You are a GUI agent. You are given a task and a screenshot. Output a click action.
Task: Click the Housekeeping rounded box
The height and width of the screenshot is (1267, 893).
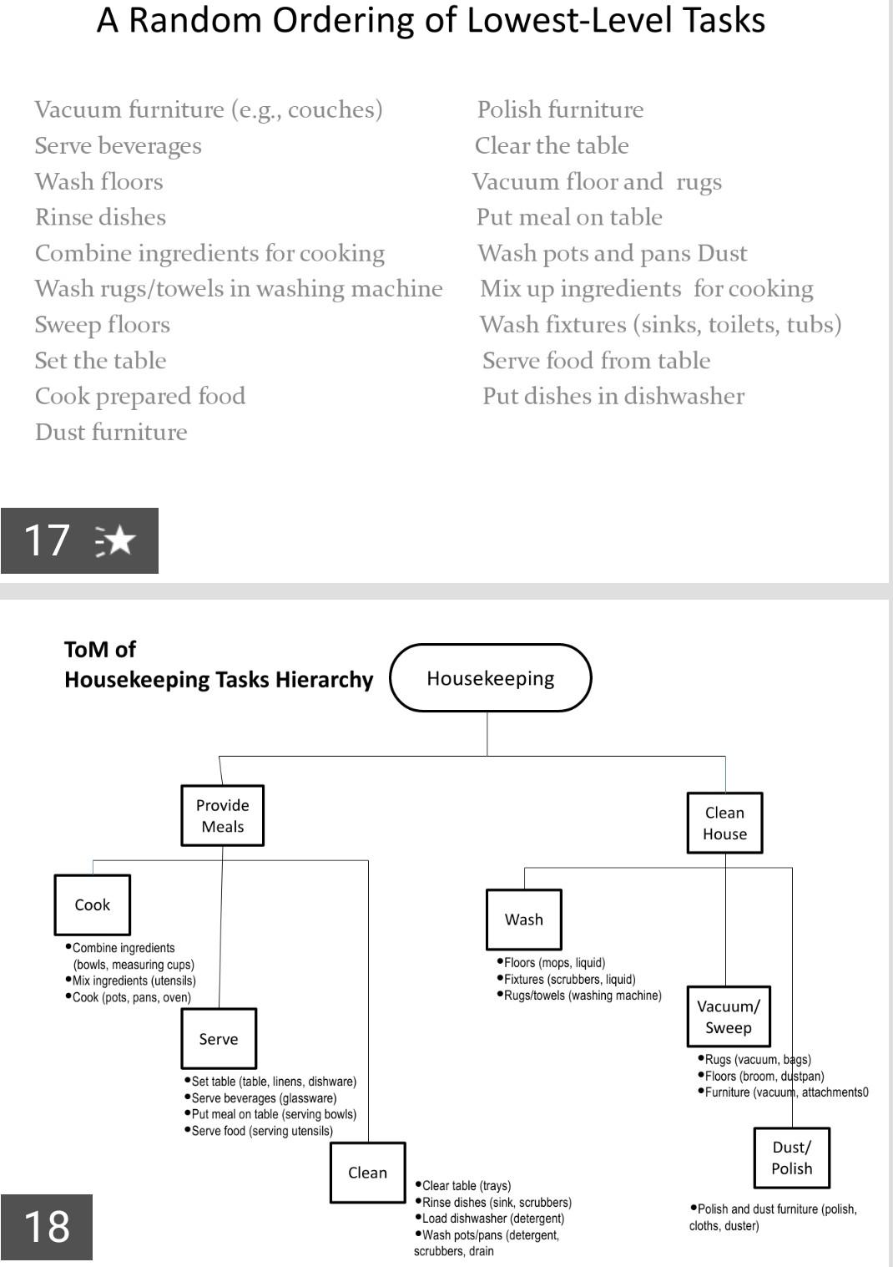click(x=491, y=678)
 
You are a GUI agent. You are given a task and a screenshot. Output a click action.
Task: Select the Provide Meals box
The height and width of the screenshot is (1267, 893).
click(x=223, y=816)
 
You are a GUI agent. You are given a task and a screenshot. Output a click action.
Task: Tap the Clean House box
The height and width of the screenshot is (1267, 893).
click(x=724, y=824)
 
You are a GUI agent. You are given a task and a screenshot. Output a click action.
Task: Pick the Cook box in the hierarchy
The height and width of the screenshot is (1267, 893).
click(x=93, y=905)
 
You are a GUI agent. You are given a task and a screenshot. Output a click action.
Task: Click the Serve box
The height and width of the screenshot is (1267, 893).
click(x=219, y=1039)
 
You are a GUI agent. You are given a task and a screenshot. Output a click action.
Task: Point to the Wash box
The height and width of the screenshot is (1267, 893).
click(x=524, y=920)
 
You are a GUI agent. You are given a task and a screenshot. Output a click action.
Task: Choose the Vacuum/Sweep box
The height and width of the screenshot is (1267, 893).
click(x=729, y=1016)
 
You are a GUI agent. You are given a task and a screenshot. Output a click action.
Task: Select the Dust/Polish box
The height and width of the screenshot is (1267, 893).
click(x=791, y=1158)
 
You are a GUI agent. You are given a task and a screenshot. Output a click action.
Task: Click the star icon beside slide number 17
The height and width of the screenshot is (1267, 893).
click(x=117, y=540)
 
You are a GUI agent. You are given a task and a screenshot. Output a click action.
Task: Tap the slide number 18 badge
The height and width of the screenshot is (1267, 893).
click(x=47, y=1227)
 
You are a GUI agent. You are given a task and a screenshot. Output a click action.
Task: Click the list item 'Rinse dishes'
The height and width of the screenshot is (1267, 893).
click(x=101, y=217)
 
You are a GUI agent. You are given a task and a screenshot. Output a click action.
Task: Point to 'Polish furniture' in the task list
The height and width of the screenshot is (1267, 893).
click(x=560, y=109)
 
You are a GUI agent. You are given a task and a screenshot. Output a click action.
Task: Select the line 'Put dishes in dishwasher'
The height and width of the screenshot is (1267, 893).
click(x=613, y=396)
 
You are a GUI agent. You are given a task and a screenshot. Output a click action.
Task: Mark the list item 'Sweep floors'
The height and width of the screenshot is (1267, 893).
click(x=103, y=324)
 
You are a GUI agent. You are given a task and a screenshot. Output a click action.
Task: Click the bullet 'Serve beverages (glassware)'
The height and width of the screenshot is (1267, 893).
click(x=264, y=1098)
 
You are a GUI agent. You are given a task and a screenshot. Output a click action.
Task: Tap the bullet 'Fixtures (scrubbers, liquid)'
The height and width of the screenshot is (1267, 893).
click(x=569, y=979)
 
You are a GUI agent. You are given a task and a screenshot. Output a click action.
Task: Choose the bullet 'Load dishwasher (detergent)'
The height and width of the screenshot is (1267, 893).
click(x=492, y=1219)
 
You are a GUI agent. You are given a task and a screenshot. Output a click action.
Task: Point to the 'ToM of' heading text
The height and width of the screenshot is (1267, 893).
click(x=100, y=650)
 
